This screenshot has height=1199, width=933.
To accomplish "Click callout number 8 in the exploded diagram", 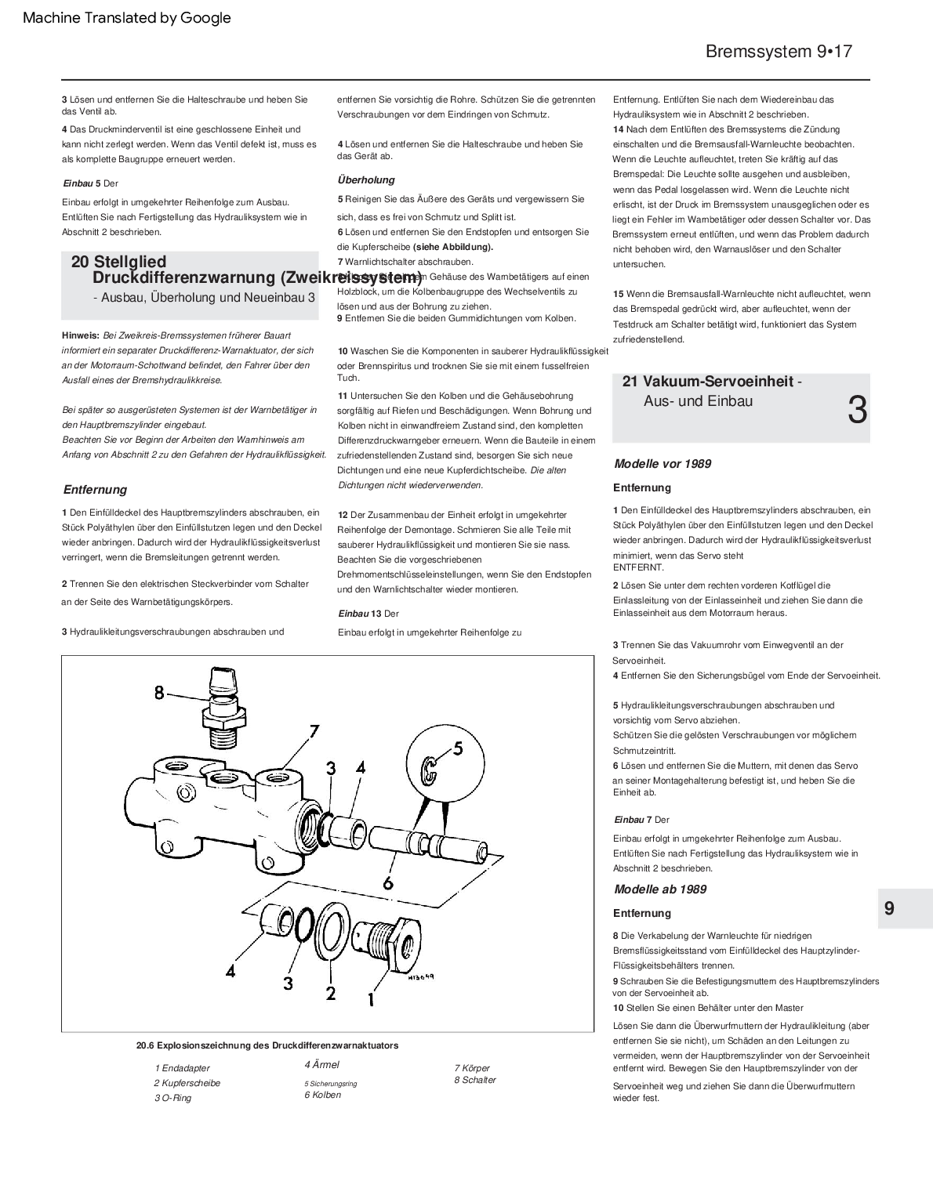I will click(159, 693).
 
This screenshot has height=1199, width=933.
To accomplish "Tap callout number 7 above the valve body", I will click(314, 731).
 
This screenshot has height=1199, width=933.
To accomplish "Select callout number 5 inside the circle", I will click(458, 748).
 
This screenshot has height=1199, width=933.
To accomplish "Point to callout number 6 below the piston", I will click(387, 882).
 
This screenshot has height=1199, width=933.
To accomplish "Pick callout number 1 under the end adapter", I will click(370, 999).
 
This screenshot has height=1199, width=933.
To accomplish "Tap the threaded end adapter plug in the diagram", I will click(387, 938).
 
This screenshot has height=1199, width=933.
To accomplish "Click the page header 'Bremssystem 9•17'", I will click(778, 52).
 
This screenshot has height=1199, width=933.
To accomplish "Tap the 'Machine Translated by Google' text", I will click(127, 17).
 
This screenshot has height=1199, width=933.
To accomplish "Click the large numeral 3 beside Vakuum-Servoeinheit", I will click(858, 410).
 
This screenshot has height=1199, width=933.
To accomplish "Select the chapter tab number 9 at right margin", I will click(889, 908).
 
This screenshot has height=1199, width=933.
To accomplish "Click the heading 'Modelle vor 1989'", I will click(663, 464).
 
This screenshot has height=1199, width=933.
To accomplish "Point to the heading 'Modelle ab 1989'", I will click(659, 889).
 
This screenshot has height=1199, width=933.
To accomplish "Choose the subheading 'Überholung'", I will click(366, 179).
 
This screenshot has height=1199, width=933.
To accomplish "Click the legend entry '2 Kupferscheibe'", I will click(187, 1083).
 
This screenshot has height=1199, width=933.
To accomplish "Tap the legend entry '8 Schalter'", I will click(475, 1080).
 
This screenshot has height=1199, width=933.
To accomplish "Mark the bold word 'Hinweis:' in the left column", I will click(81, 335).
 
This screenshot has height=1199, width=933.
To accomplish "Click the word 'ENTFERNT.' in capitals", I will click(638, 567).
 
